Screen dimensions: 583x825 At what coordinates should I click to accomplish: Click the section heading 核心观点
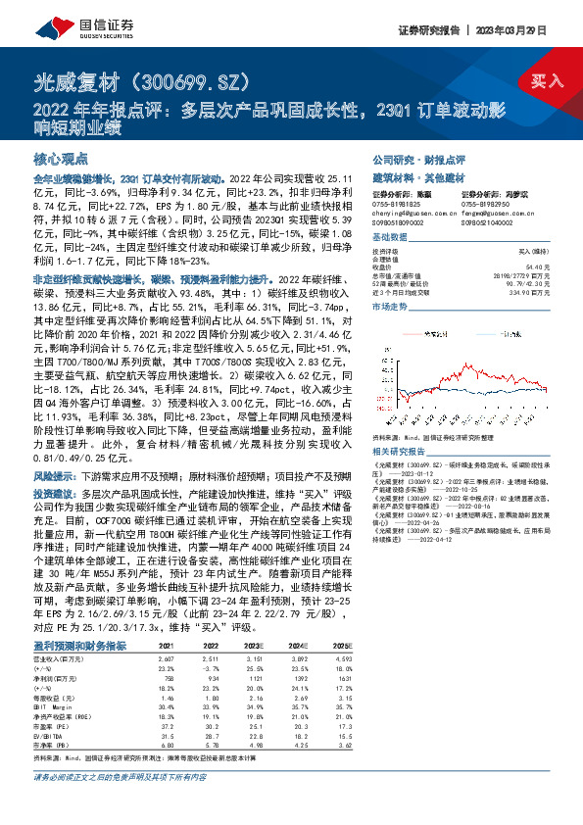(x=61, y=159)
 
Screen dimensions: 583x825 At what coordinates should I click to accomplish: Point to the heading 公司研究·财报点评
(x=417, y=159)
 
